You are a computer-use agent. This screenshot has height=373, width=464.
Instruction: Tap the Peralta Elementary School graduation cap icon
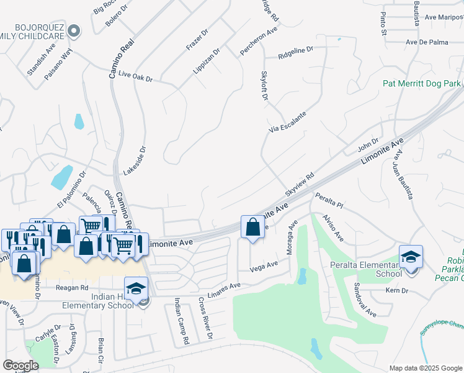point(411,257)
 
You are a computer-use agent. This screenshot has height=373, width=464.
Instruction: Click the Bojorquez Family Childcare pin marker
point(74,30)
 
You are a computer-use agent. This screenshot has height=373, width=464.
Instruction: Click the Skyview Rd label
point(300,182)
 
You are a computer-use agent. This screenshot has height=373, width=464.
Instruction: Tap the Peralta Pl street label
point(329,200)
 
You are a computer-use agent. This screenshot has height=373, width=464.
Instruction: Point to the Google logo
point(21,366)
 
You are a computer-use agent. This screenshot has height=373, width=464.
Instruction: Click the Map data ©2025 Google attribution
point(425,368)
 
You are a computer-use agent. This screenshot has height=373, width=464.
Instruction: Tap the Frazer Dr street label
point(197,39)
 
